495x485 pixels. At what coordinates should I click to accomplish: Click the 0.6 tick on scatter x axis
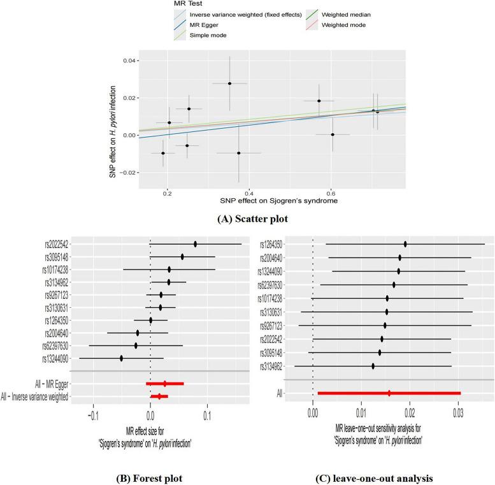[x=331, y=191]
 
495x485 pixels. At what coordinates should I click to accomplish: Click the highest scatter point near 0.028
[x=229, y=83]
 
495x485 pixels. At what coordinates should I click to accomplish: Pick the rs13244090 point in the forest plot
[x=121, y=358]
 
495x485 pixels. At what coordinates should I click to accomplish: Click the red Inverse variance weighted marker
[x=159, y=396]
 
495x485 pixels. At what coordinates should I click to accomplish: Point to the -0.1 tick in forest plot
[x=94, y=413]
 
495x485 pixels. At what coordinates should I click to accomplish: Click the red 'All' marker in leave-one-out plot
[x=389, y=393]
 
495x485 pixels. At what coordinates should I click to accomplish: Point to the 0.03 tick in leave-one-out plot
[x=458, y=412]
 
